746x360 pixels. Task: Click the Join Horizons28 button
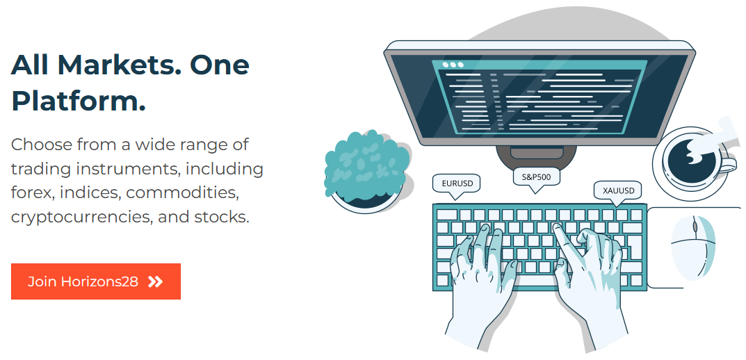(x=96, y=281)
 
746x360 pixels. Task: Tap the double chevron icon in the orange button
(x=155, y=282)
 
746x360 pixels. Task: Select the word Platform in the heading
(x=79, y=100)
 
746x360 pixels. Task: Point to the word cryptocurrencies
(x=79, y=218)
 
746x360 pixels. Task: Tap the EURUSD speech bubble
(x=456, y=185)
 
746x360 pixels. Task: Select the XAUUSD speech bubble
(x=618, y=192)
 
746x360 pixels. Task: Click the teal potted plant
(x=366, y=171)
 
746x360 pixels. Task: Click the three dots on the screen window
(x=453, y=65)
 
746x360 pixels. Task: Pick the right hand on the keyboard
(x=590, y=281)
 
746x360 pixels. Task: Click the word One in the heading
(x=219, y=65)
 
